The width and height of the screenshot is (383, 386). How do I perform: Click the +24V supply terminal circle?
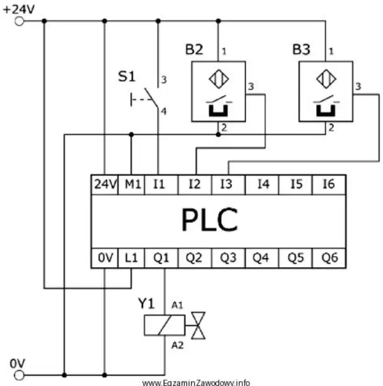point(19,21)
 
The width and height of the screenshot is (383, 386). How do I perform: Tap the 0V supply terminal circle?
point(19,375)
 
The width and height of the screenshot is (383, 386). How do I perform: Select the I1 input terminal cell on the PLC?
point(161,185)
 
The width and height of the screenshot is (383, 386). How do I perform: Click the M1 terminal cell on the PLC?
point(131,185)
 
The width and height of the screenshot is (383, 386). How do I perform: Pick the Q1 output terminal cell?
point(161,258)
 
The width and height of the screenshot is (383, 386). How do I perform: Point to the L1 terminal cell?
point(131,258)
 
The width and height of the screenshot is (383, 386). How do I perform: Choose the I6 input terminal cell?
point(329,185)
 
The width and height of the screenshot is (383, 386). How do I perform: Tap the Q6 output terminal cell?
point(329,258)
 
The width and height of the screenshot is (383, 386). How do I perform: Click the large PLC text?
point(210,220)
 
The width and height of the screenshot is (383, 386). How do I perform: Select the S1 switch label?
point(127,76)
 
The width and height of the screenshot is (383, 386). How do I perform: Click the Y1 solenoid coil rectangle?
point(165,325)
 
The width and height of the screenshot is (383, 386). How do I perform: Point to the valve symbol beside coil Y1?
point(198,326)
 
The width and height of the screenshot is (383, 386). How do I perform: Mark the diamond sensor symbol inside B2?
point(219,79)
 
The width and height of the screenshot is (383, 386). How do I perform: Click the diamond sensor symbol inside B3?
point(326,79)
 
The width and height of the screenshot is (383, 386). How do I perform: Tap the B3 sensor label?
point(301,49)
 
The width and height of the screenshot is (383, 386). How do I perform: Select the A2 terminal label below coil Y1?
point(178,346)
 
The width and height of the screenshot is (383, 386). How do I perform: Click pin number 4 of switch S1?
point(164,111)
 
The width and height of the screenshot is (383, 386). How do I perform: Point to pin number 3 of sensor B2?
point(251,87)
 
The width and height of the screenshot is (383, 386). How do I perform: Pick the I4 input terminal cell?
point(262,185)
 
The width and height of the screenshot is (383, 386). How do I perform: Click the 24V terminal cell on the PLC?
point(105,185)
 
